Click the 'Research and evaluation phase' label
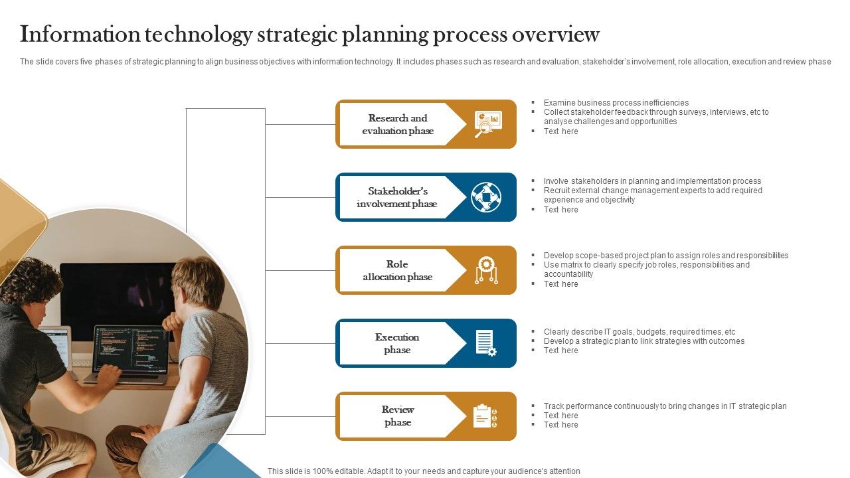(398, 124)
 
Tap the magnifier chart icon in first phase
(487, 124)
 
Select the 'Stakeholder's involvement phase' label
(397, 197)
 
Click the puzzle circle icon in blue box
(486, 197)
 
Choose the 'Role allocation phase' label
(397, 270)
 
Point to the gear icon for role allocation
(486, 270)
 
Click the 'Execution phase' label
(397, 343)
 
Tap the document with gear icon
(486, 343)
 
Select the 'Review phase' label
(398, 416)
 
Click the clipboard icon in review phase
(485, 416)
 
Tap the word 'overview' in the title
(557, 34)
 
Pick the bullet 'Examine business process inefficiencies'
(616, 103)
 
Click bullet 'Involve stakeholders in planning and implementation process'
(652, 181)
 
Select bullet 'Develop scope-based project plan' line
(665, 256)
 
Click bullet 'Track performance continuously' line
(665, 406)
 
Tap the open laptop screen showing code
(130, 349)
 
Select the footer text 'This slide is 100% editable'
(424, 471)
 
